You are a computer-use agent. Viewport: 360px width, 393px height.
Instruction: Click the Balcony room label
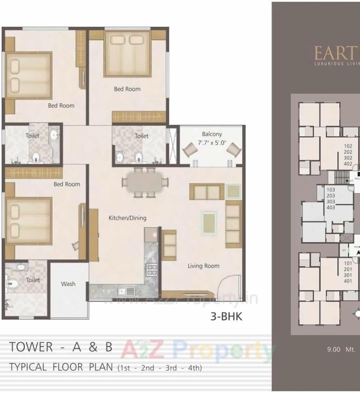tap(212, 134)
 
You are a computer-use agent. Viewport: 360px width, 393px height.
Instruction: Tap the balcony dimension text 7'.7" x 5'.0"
tap(212, 143)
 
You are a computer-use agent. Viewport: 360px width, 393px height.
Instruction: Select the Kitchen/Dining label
tap(127, 218)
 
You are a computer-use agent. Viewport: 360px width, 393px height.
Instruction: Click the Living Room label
tap(203, 266)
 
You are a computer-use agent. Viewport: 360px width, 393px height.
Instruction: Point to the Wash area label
tap(68, 284)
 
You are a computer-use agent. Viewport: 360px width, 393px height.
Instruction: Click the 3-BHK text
tap(226, 317)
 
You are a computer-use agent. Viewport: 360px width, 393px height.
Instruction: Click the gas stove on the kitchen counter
tap(152, 270)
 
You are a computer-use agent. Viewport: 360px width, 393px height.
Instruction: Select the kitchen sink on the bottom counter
tap(126, 291)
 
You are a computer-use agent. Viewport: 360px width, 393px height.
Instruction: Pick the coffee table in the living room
tap(209, 223)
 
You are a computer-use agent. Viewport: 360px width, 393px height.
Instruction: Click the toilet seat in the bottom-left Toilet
tap(12, 283)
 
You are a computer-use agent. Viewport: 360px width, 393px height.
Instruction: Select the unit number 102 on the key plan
tap(348, 146)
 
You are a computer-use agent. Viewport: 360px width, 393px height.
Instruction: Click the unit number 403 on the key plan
tap(331, 207)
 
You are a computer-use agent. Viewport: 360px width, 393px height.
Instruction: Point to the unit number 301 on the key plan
tap(348, 275)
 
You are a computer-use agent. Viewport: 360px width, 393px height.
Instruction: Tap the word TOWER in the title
tap(31, 347)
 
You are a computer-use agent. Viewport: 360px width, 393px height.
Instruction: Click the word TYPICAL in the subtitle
tap(28, 367)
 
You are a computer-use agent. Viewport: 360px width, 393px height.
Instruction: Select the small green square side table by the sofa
tap(233, 191)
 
